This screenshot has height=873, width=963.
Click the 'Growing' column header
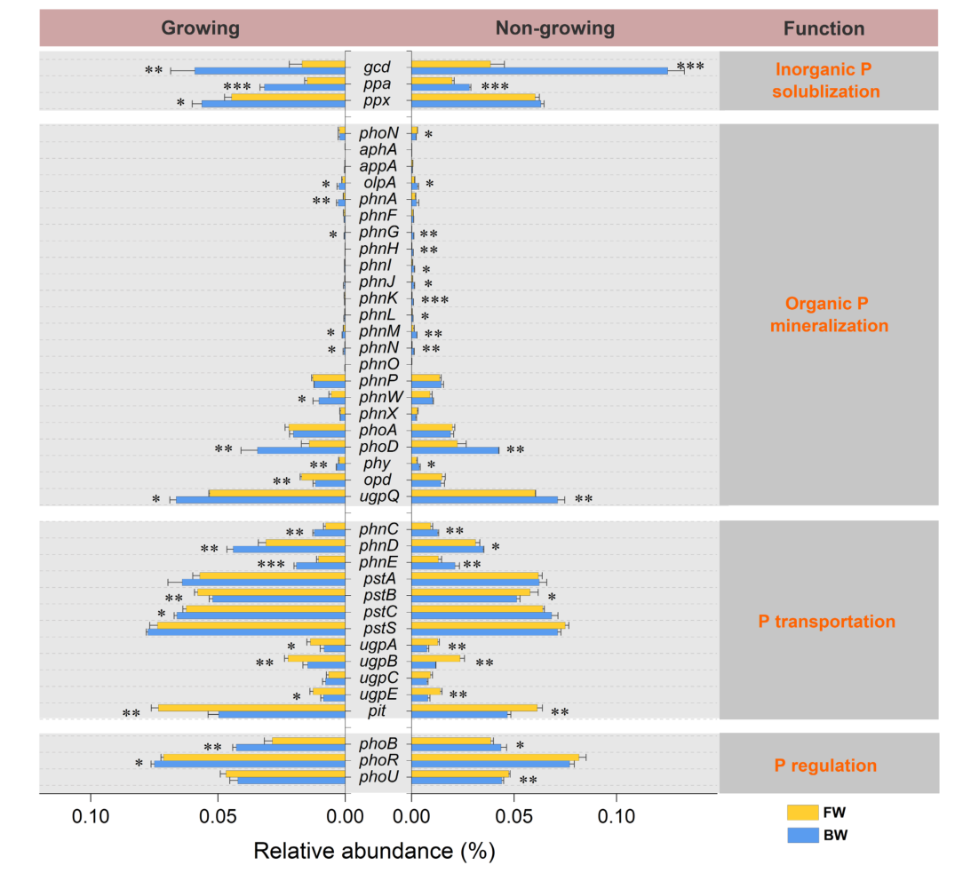pos(200,28)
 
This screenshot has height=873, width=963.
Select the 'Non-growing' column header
pos(554,28)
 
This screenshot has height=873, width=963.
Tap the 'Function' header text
pos(824,28)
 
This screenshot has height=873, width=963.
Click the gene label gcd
pos(378,67)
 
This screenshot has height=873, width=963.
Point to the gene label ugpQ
pos(378,497)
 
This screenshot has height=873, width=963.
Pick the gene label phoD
pos(378,448)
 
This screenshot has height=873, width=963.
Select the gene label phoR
pos(378,760)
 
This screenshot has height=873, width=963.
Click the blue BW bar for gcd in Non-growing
pos(540,71)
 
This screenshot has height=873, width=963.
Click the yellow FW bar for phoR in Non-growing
pos(495,757)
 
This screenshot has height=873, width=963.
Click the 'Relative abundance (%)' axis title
pos(374,851)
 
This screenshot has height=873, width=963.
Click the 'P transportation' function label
pos(826,622)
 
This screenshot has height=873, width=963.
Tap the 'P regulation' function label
pos(825,766)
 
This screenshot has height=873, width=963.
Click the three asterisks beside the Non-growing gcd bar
pos(690,67)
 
